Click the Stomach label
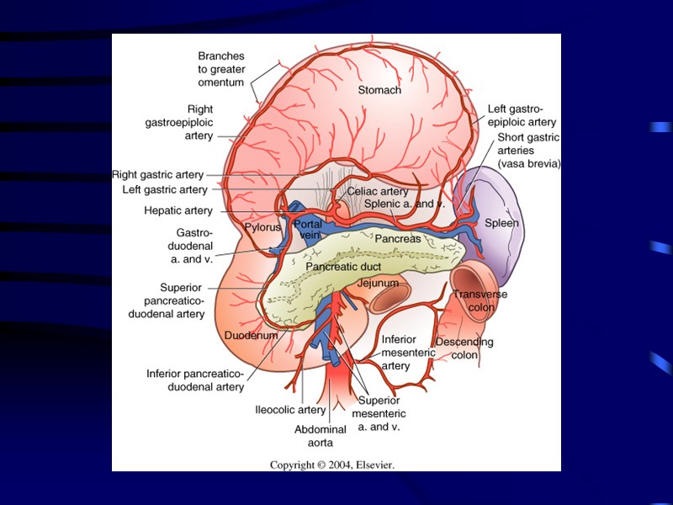(x=379, y=90)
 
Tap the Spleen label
(x=501, y=223)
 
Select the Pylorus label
(x=262, y=228)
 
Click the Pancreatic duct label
(x=343, y=267)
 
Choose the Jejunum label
(x=377, y=284)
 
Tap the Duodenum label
(x=251, y=336)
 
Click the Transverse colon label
(x=475, y=300)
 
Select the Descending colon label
(x=464, y=348)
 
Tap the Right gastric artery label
(x=158, y=175)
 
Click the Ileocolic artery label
(x=290, y=411)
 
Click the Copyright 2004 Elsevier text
(x=331, y=465)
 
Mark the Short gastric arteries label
(x=528, y=150)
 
